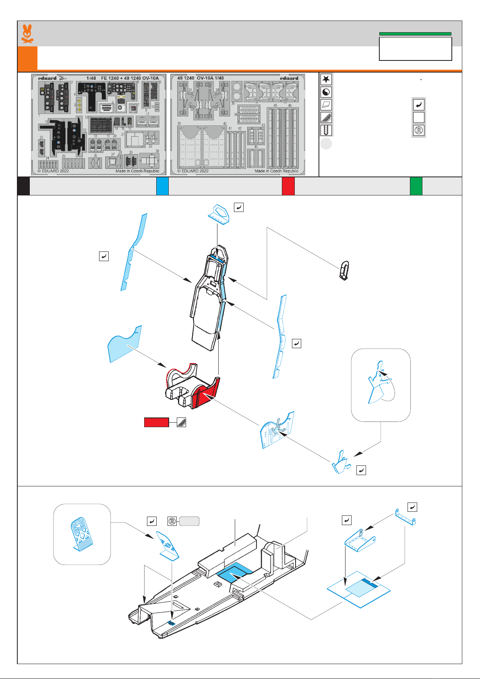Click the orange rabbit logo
[x=27, y=34]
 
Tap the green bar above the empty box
[x=415, y=34]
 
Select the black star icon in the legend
[x=326, y=79]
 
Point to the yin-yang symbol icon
[x=326, y=92]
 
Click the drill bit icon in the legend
[x=326, y=130]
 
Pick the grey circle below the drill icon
[x=326, y=143]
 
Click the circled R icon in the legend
[x=419, y=131]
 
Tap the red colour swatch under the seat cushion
[x=156, y=422]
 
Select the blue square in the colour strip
[x=162, y=186]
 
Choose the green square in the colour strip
[x=416, y=186]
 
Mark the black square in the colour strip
[x=23, y=186]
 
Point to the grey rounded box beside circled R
[x=189, y=521]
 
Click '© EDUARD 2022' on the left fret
[x=53, y=171]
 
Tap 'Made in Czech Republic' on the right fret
[x=276, y=171]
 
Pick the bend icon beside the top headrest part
[x=239, y=208]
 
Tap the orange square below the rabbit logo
[x=27, y=58]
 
